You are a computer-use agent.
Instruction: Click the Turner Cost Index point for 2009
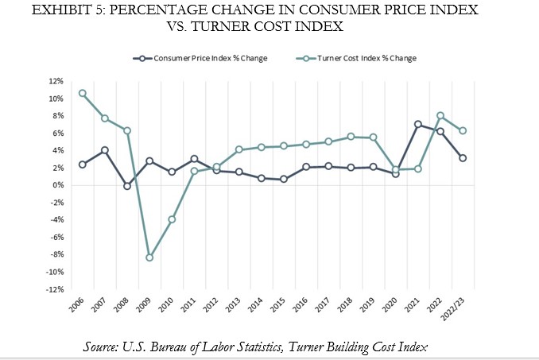pos(149,257)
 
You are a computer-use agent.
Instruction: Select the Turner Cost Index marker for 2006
pos(83,93)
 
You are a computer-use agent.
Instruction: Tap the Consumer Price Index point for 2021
pos(418,124)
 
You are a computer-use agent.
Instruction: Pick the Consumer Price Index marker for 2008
pos(127,186)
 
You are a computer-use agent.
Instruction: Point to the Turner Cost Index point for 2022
pos(440,116)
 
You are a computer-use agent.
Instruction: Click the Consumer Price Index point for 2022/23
pos(463,158)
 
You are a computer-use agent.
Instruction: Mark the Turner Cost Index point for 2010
pos(172,219)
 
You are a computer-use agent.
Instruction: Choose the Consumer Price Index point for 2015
pos(284,179)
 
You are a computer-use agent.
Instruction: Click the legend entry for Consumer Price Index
pos(208,58)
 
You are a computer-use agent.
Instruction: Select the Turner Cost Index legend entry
pos(372,58)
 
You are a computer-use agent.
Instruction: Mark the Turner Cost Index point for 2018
pos(351,137)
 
